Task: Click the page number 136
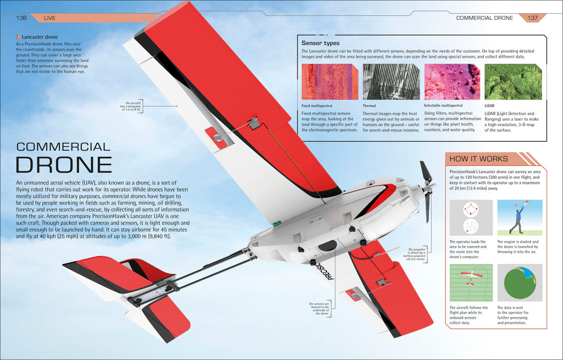click(x=22, y=18)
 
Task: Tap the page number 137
click(x=532, y=18)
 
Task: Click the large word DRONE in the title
click(x=64, y=165)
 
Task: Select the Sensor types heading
click(x=321, y=43)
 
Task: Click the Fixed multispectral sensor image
click(x=329, y=81)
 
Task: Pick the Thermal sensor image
click(x=390, y=81)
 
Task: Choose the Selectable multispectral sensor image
click(x=451, y=81)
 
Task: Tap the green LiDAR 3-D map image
click(x=513, y=81)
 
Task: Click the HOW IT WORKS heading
click(x=478, y=159)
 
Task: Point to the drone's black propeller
click(x=427, y=190)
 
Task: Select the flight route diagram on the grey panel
click(x=470, y=218)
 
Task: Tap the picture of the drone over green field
click(x=470, y=282)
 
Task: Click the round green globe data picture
click(x=520, y=282)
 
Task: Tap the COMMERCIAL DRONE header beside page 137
click(x=484, y=18)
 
